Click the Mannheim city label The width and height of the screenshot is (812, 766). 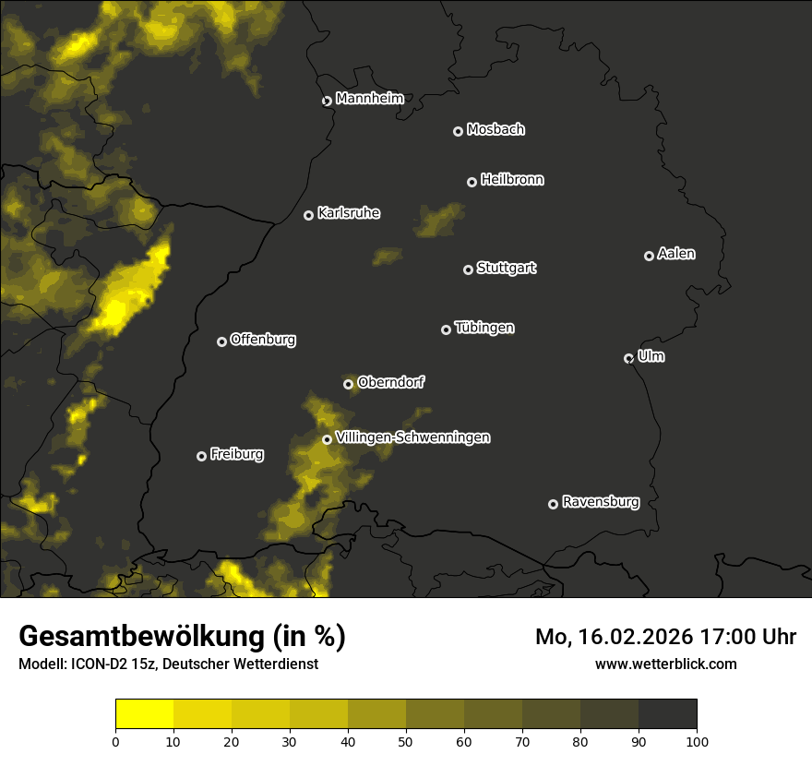369,99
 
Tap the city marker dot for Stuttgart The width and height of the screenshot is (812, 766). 468,269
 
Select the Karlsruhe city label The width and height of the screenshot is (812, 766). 348,213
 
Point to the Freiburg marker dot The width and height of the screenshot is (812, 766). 201,456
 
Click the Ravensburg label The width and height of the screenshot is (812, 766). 600,502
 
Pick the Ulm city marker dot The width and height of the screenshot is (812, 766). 628,358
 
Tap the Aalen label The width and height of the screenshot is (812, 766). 676,254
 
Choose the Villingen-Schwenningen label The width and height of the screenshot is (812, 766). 412,437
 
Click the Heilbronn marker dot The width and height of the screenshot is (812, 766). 472,182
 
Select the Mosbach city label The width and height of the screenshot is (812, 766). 496,129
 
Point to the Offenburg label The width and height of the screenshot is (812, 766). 263,340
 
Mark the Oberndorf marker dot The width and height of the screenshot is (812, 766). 348,384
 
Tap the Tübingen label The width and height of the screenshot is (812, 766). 484,328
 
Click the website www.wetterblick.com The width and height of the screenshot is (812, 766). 665,664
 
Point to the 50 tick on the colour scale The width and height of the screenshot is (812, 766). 406,741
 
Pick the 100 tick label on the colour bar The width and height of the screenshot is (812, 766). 697,741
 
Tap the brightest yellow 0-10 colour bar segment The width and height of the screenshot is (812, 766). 144,714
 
